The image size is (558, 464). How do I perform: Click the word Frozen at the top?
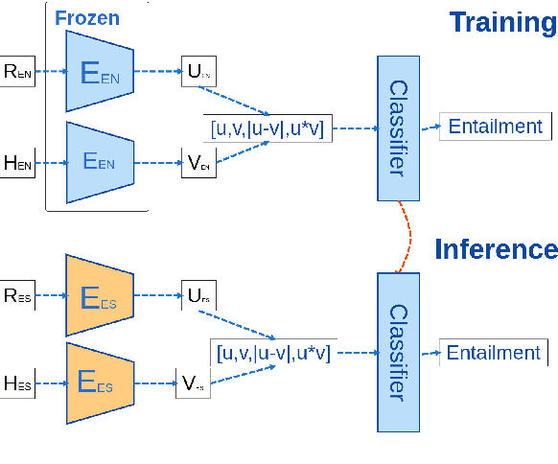87,18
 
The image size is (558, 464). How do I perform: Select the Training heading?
502,22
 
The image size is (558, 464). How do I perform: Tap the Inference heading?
496,249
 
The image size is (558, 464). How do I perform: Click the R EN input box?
18,72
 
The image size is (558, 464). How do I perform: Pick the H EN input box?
18,164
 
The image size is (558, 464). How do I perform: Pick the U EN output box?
198,71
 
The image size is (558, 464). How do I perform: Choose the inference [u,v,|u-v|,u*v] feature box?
273,352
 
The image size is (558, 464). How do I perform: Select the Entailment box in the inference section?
494,353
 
